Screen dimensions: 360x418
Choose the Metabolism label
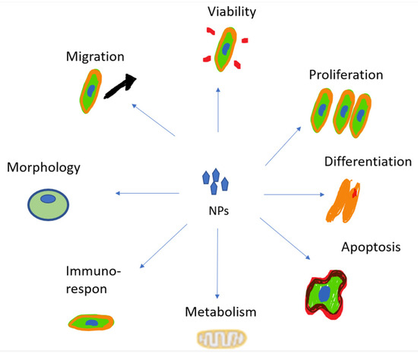click(219, 312)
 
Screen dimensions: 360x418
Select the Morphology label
click(43, 166)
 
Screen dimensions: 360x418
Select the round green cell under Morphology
click(48, 202)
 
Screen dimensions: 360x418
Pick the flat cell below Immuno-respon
click(89, 323)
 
